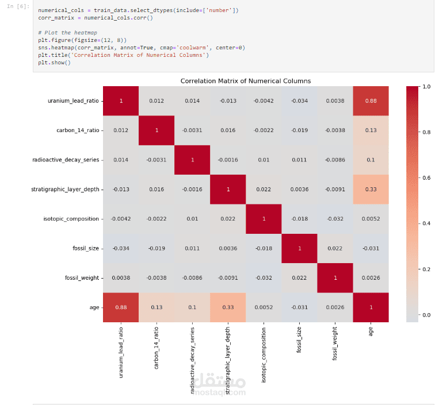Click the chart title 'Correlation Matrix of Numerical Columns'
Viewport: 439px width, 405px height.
(x=246, y=81)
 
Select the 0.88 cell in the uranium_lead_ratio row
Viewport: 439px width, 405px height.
(x=371, y=101)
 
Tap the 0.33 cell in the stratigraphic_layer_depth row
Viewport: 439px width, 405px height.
(x=371, y=189)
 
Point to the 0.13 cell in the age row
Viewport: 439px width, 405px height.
(x=156, y=307)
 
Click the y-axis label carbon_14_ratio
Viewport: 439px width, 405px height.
(x=77, y=130)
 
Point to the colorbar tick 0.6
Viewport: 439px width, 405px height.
(x=426, y=178)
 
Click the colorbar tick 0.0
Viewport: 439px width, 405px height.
(x=426, y=315)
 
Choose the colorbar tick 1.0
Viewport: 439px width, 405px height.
(x=426, y=87)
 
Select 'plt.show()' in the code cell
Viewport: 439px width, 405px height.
(x=55, y=63)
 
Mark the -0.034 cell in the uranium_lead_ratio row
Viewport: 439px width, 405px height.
(x=300, y=101)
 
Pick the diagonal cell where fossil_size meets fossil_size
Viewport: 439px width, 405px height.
(x=300, y=248)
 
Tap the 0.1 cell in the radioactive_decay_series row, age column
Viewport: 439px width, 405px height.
(x=371, y=160)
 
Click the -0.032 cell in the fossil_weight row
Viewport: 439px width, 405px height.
(x=264, y=277)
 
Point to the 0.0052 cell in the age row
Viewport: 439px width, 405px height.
(x=264, y=307)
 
